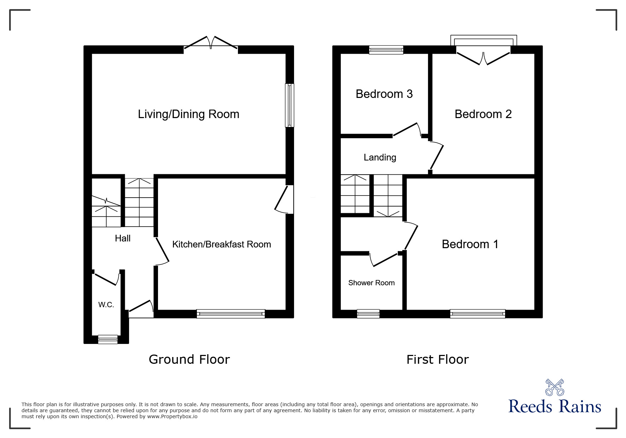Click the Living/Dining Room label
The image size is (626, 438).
tap(188, 114)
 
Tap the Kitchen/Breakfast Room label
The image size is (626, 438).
tap(222, 244)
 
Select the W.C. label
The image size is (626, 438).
tap(106, 305)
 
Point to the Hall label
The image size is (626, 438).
tap(123, 238)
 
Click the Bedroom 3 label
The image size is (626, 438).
tap(384, 94)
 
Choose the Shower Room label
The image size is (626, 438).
tap(371, 283)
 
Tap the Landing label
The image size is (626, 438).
tap(380, 158)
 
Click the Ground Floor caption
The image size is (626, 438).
tap(189, 359)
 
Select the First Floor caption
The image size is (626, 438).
tap(438, 360)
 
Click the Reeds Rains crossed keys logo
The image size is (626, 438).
tap(555, 387)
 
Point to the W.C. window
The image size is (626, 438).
tap(108, 339)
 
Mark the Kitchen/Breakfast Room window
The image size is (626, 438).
tap(231, 314)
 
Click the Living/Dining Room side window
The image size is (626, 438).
tap(289, 105)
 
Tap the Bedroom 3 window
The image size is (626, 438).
tap(386, 50)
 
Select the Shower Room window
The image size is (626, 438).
tap(368, 314)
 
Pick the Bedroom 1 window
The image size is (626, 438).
tap(478, 314)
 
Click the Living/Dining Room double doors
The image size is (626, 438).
tap(211, 43)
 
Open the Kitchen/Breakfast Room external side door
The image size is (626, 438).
tap(284, 199)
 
